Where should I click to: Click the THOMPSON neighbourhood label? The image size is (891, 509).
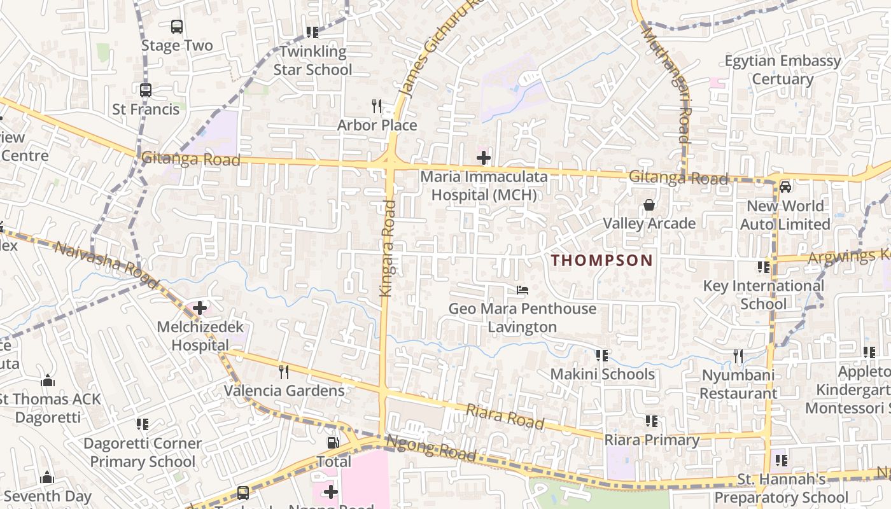[602, 260]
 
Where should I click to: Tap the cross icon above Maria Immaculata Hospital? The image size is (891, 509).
[484, 157]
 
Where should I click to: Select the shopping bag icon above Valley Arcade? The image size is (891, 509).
[649, 205]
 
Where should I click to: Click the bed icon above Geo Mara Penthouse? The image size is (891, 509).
[523, 291]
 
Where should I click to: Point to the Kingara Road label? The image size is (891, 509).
[388, 248]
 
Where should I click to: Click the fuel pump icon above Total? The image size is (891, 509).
[333, 443]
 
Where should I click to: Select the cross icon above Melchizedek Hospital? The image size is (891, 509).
[200, 309]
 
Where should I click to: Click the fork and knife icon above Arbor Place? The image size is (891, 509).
[377, 106]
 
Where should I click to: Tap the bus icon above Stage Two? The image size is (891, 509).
[177, 27]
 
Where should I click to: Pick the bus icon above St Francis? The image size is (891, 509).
[146, 90]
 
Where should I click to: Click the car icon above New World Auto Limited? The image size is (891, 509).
[785, 187]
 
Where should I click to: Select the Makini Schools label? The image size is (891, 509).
[602, 374]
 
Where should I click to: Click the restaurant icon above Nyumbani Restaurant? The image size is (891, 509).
[738, 356]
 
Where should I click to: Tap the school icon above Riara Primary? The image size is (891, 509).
[651, 421]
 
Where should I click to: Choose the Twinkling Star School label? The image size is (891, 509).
[312, 60]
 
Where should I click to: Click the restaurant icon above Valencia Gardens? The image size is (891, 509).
[284, 372]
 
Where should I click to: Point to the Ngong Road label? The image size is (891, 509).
[431, 447]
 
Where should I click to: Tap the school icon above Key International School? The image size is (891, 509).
[764, 267]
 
